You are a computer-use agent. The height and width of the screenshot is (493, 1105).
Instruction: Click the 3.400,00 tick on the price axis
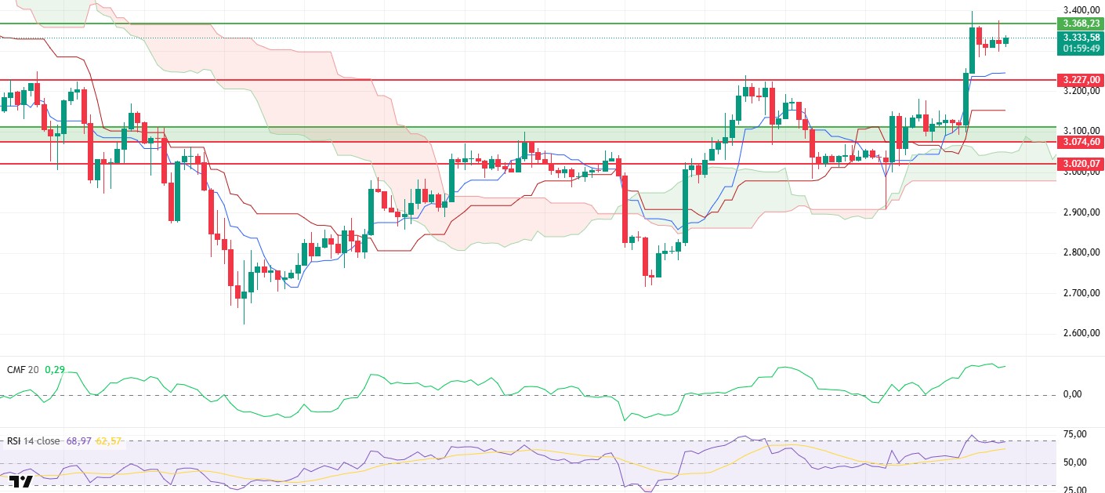point(1081,10)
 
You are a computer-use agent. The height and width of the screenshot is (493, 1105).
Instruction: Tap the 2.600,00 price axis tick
point(1081,333)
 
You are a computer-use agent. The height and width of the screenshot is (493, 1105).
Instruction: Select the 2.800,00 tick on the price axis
point(1081,252)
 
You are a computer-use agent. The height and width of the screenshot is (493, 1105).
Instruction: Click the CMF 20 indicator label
point(23,369)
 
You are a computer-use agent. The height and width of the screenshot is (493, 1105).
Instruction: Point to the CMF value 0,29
point(54,369)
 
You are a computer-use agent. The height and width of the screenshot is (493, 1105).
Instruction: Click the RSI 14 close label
point(34,441)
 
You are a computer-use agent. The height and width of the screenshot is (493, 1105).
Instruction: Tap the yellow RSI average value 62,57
point(108,441)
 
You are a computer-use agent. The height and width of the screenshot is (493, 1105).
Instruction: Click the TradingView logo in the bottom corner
point(21,483)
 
